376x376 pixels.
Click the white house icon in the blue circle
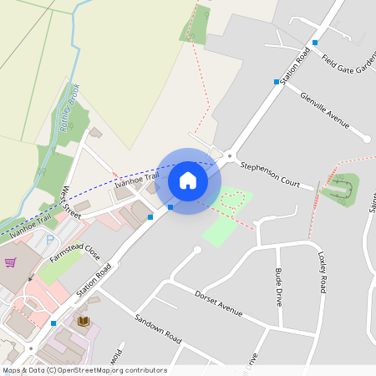188,180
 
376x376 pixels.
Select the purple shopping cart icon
11,262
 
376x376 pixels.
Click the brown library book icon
83,321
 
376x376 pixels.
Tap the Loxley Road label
322,272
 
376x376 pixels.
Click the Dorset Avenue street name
218,303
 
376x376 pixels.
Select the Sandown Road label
158,328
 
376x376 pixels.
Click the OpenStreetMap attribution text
84,370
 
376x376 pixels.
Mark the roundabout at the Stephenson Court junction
230,155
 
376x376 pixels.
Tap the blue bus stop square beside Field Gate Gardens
315,43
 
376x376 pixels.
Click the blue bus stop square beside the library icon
53,323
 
